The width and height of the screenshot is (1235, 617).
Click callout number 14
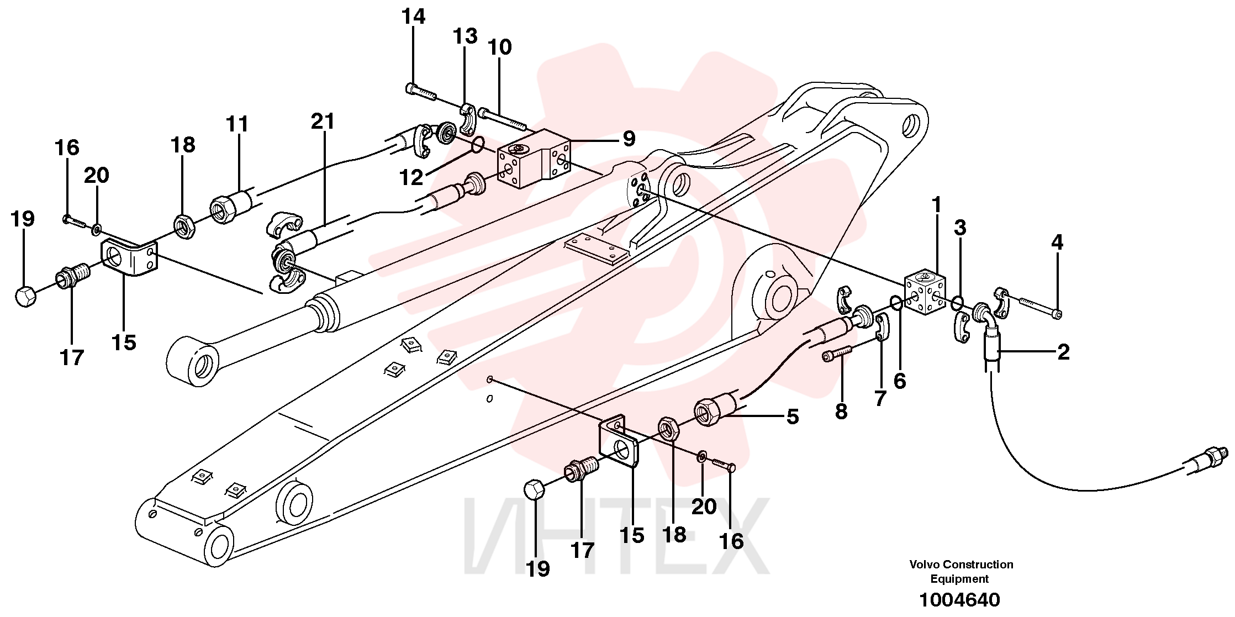click(x=413, y=17)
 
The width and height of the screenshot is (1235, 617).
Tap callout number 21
click(x=323, y=121)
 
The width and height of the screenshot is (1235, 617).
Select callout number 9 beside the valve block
click(x=629, y=138)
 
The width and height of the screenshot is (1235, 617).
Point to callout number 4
click(x=1057, y=241)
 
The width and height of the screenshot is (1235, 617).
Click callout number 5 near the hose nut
click(x=793, y=416)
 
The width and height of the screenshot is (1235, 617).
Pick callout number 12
click(x=411, y=177)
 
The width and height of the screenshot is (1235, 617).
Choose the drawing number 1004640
click(x=959, y=600)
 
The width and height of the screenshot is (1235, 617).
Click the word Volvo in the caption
click(x=925, y=565)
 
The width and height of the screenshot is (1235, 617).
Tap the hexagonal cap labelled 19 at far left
click(x=25, y=296)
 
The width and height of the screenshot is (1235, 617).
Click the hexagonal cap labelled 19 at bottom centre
click(x=534, y=490)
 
